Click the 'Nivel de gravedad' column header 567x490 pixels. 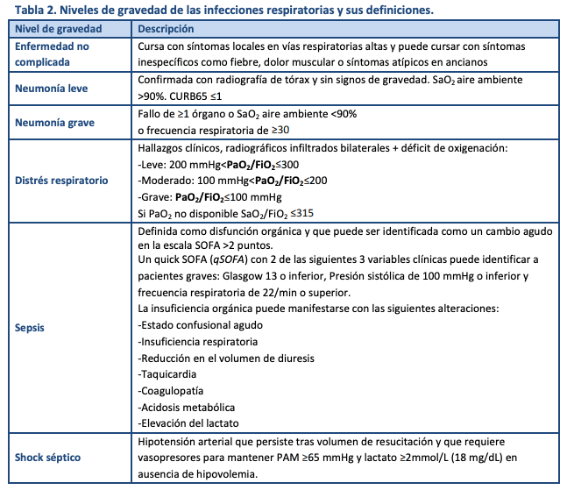click(x=57, y=30)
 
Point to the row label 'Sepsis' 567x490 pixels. click(x=32, y=328)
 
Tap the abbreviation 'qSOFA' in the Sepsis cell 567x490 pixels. click(x=216, y=261)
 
